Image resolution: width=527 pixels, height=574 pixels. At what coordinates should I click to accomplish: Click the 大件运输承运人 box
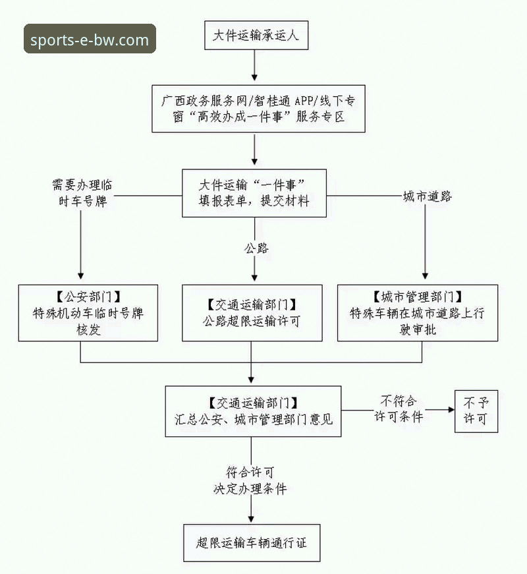click(x=255, y=36)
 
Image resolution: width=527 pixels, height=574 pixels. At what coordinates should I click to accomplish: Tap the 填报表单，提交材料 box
click(x=254, y=192)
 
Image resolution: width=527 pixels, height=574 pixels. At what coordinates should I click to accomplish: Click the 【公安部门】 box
click(x=88, y=312)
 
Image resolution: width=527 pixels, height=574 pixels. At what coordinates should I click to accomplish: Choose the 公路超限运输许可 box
click(x=252, y=312)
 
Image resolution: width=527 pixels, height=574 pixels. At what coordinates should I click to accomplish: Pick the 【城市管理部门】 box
click(x=417, y=312)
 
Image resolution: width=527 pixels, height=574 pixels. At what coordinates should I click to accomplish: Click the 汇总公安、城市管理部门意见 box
click(x=253, y=410)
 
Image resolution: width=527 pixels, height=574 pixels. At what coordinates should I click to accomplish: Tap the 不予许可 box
click(x=476, y=410)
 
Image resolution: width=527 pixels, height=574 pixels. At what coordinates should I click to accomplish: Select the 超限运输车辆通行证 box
click(x=252, y=543)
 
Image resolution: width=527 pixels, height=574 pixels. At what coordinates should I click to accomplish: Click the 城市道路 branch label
click(x=428, y=196)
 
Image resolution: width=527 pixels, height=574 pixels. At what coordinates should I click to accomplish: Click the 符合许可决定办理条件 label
click(x=250, y=480)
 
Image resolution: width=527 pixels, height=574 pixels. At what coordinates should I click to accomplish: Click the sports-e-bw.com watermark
click(x=90, y=39)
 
